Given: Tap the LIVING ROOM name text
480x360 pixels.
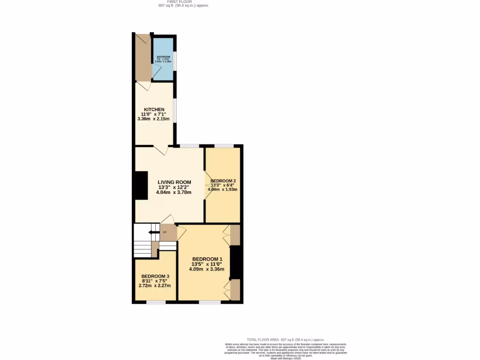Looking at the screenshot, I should [x=174, y=182].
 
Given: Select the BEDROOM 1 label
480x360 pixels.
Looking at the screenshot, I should [x=207, y=259].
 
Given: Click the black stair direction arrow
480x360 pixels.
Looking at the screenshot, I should [x=153, y=232].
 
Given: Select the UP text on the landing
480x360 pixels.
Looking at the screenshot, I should [x=165, y=232].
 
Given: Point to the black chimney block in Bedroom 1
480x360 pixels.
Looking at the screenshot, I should [x=235, y=262].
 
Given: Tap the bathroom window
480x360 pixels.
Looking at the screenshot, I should [x=175, y=60].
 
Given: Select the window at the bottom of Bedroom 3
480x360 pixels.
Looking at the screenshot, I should [x=156, y=302].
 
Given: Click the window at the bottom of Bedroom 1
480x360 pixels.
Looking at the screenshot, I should [x=210, y=302].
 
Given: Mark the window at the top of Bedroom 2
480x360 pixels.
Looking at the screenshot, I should [x=224, y=146].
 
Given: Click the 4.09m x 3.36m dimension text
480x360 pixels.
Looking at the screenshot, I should [x=207, y=269].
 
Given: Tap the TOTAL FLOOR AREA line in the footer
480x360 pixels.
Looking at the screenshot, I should [x=285, y=339].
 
